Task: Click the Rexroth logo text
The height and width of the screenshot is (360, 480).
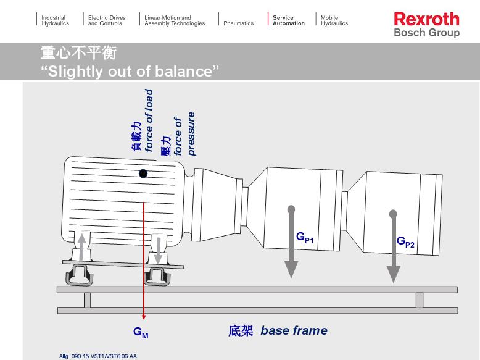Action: [x=426, y=19]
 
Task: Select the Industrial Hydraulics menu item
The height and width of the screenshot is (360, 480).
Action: [x=55, y=20]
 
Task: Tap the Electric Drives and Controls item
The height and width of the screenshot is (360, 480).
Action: [x=107, y=20]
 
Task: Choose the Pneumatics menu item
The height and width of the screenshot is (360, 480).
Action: [x=238, y=23]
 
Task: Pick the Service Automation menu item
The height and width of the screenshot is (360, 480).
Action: [x=288, y=20]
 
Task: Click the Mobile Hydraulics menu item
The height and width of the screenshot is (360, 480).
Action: [x=334, y=20]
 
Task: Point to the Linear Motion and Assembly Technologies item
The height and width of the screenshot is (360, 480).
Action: [x=175, y=20]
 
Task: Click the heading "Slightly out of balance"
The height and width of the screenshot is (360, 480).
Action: [x=130, y=71]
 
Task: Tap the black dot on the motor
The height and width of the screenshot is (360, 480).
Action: [x=143, y=174]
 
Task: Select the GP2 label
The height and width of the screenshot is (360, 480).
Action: [x=405, y=242]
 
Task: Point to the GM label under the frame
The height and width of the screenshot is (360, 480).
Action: [x=141, y=332]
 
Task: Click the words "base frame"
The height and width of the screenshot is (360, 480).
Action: [x=294, y=330]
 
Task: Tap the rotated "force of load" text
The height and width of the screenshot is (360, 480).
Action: [x=149, y=120]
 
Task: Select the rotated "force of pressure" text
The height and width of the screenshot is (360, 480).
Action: [x=184, y=133]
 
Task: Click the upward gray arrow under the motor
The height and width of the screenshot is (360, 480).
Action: [x=80, y=245]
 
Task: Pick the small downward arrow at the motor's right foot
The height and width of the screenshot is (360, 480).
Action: [x=158, y=249]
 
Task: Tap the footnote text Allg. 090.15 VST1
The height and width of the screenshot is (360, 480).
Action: [x=98, y=356]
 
